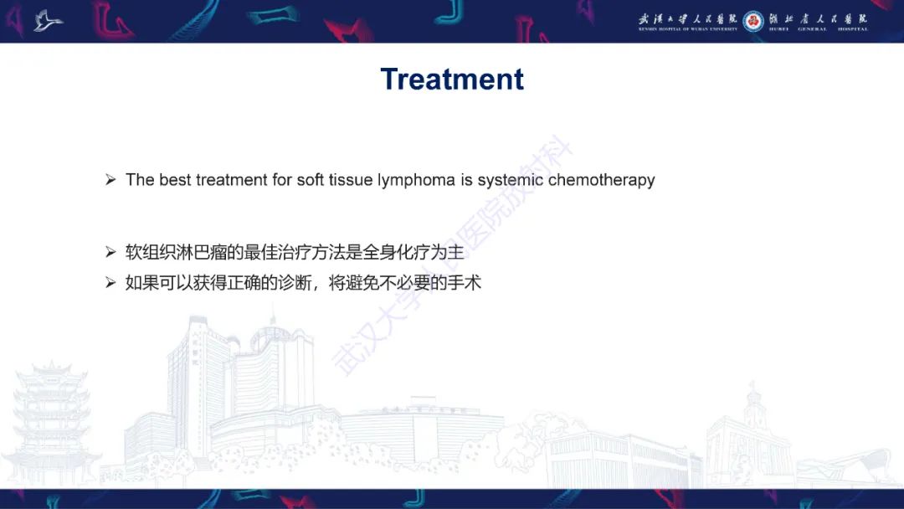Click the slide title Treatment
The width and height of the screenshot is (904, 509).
pyautogui.click(x=452, y=79)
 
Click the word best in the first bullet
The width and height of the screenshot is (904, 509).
pyautogui.click(x=175, y=180)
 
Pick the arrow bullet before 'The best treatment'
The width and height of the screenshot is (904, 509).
pyautogui.click(x=110, y=180)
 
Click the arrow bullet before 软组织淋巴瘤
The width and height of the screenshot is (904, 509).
pyautogui.click(x=110, y=252)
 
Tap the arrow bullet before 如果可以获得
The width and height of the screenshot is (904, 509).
pyautogui.click(x=110, y=283)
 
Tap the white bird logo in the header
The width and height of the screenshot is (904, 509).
pyautogui.click(x=49, y=20)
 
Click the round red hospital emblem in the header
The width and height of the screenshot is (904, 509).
pyautogui.click(x=752, y=21)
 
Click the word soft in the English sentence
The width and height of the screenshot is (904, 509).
pyautogui.click(x=310, y=180)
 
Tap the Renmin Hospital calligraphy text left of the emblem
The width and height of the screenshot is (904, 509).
pyautogui.click(x=688, y=20)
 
